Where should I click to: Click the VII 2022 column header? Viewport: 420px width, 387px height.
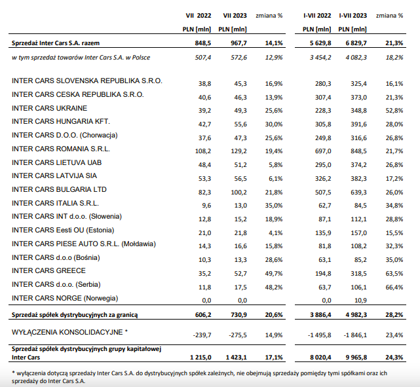tap(199, 16)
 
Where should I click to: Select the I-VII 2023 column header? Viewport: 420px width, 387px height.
tap(353, 16)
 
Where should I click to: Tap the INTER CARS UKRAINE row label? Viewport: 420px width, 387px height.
tap(50, 108)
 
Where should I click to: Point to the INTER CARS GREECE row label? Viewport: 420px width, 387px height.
tap(48, 270)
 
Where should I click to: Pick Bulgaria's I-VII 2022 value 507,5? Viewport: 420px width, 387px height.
tap(323, 192)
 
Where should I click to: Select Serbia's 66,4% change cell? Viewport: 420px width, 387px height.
tap(394, 287)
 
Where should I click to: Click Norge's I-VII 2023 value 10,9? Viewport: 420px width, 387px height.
tap(360, 301)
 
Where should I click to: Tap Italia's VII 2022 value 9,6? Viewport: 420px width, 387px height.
tap(206, 206)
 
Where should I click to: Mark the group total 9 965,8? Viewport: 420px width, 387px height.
tap(356, 358)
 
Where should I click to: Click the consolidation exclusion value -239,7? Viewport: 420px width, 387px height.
tap(202, 335)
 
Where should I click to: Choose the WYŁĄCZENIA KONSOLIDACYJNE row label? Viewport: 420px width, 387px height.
tap(69, 332)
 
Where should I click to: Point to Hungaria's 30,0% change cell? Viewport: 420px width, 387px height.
tap(274, 124)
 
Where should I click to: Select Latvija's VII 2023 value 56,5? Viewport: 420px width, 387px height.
tap(240, 179)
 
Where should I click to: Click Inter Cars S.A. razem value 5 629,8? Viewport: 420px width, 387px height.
tap(320, 43)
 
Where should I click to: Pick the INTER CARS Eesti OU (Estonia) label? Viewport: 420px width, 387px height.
tap(63, 230)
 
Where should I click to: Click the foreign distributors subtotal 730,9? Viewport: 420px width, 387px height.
tap(239, 315)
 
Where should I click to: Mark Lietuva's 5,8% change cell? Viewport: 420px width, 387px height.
tap(276, 165)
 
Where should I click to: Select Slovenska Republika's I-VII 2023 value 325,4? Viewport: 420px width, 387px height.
tap(358, 84)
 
